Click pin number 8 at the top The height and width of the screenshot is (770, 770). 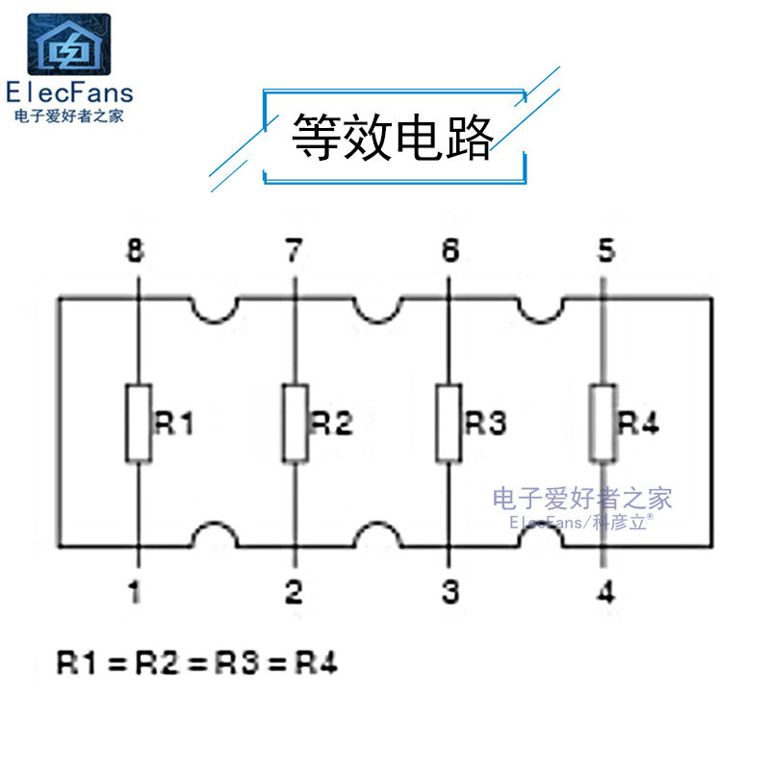tap(136, 252)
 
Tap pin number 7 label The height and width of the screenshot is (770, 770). tap(294, 252)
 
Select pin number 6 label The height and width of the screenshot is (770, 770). tap(449, 252)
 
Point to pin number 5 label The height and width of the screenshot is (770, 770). tap(605, 252)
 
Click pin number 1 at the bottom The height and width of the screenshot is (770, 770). tap(136, 592)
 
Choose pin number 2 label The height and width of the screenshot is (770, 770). tap(294, 592)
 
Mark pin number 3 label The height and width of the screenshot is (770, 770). tap(449, 592)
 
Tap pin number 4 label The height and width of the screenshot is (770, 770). tap(605, 592)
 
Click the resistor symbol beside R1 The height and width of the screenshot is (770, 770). tap(139, 423)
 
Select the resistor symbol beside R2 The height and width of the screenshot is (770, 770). tap(295, 423)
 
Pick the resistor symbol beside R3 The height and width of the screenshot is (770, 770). tap(449, 423)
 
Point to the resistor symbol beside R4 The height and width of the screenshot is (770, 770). tap(603, 423)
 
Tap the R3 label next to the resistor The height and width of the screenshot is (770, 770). tap(485, 423)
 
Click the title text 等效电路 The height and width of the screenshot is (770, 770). tap(393, 139)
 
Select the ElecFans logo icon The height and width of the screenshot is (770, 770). tap(68, 45)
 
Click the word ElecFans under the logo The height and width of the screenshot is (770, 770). tap(69, 93)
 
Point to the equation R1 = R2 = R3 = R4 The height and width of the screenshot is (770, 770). tap(197, 663)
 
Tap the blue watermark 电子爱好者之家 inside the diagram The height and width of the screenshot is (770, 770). tap(582, 499)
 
